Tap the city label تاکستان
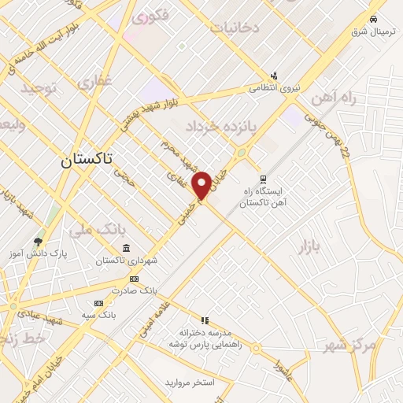[x=87, y=159]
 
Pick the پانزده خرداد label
[x=216, y=126]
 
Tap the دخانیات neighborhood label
[x=234, y=28]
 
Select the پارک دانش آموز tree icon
[x=38, y=241]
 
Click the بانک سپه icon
[x=98, y=303]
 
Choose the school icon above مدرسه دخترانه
[x=205, y=320]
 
